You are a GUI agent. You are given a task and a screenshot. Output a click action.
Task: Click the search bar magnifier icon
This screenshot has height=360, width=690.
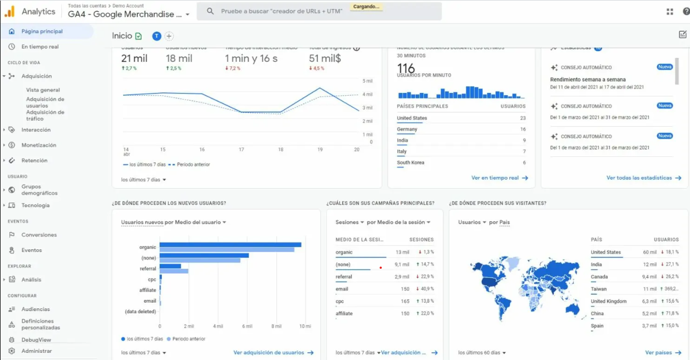coord(210,11)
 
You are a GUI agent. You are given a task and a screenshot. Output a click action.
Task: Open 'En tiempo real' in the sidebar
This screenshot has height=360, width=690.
coord(40,47)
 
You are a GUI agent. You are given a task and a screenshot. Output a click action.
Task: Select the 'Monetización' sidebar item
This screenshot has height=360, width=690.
coord(38,145)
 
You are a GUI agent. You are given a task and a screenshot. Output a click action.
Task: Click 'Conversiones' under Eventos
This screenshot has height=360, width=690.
coord(39,235)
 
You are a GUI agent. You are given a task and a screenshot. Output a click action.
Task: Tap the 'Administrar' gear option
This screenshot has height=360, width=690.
coord(36,351)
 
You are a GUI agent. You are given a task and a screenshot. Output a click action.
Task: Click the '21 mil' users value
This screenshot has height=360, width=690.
coord(134,58)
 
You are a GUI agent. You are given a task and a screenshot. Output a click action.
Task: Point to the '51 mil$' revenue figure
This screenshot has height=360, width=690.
coord(325,58)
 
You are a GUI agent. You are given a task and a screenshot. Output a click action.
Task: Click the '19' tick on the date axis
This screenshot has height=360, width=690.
coord(320,150)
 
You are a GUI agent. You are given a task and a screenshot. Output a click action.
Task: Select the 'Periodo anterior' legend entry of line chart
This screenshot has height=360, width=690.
coord(191,165)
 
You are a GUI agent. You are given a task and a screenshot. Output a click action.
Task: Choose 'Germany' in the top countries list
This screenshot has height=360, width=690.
coord(407,129)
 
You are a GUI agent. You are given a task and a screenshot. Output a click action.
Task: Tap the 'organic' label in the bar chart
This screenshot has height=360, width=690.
coord(147,247)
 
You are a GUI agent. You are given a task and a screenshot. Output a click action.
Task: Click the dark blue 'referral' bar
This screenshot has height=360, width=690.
coord(170,266)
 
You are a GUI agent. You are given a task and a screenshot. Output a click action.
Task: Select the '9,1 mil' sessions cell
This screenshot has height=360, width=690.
coord(402,264)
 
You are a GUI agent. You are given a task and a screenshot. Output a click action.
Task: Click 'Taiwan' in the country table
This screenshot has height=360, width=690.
coord(599,289)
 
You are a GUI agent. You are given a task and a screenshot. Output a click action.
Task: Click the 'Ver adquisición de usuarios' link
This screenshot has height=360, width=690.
coord(269,353)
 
